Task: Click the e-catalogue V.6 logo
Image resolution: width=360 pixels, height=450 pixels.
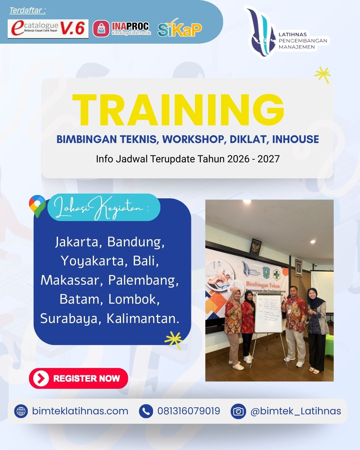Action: [x=48, y=29]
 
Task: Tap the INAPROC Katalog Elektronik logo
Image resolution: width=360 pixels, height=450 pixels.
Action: [x=122, y=29]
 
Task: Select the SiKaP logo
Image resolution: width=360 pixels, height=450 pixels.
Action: [x=179, y=29]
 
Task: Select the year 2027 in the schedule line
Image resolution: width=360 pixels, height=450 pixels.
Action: [x=268, y=159]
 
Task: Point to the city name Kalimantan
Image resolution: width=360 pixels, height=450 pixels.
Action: [x=143, y=318]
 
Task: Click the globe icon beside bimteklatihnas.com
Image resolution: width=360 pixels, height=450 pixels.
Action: [x=21, y=411]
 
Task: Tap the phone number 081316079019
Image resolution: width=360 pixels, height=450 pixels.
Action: [x=189, y=411]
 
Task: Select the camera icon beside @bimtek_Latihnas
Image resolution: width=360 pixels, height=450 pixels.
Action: [x=238, y=411]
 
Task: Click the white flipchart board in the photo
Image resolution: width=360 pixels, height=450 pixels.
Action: [x=268, y=312]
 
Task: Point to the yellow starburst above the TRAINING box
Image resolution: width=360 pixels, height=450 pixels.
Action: [x=322, y=75]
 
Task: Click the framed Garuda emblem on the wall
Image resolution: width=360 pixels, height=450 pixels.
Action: [x=256, y=247]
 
